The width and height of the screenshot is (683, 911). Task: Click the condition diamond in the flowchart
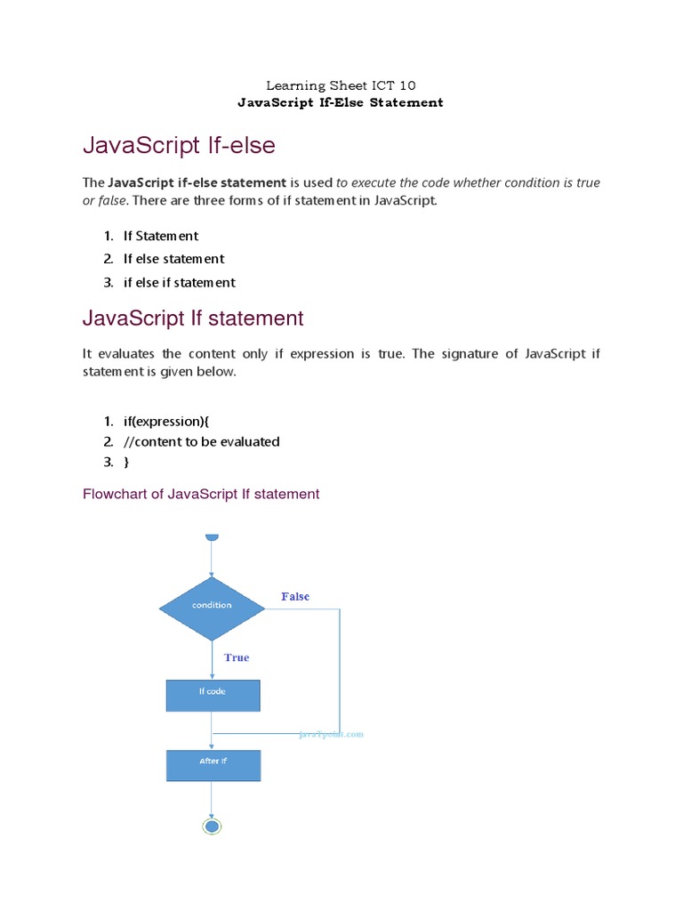[x=212, y=608]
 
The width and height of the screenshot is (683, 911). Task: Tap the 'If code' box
[x=213, y=695]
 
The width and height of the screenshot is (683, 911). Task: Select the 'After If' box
[x=213, y=764]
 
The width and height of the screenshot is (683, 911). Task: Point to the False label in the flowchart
[x=295, y=596]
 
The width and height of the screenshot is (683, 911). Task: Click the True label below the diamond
[x=237, y=657]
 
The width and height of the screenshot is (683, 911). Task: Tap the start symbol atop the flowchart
[x=212, y=536]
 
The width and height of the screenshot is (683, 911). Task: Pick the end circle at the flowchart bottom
[x=212, y=826]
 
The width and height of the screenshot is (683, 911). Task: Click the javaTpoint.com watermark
[x=331, y=735]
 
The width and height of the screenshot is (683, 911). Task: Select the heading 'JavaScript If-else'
[x=179, y=144]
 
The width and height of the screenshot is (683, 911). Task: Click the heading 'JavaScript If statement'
[x=193, y=318]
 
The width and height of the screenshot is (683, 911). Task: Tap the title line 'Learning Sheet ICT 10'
[x=341, y=85]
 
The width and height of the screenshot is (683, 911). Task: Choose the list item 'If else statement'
[x=173, y=259]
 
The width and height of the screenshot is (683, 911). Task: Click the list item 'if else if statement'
[x=179, y=282]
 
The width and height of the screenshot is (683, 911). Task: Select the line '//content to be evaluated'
[x=201, y=441]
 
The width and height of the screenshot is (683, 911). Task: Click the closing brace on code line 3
[x=126, y=462]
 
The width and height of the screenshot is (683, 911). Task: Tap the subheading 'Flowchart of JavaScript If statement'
[x=201, y=494]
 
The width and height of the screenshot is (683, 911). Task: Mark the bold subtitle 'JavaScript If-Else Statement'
[x=341, y=102]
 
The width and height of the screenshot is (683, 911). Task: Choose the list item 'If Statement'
[x=160, y=236]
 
